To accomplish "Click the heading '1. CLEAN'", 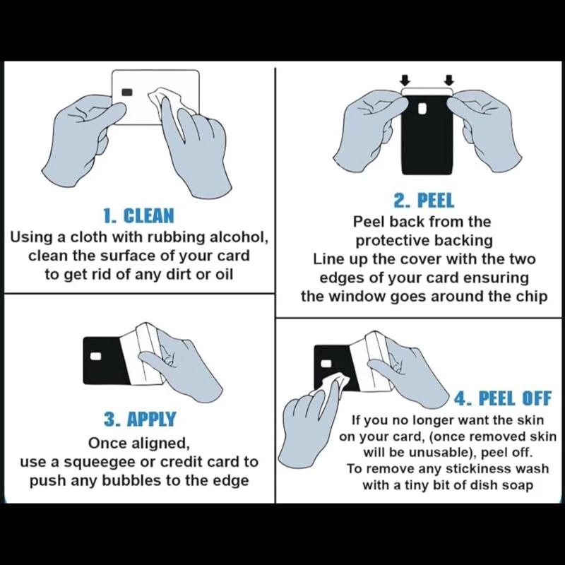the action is [138, 216].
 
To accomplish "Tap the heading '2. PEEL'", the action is [424, 201].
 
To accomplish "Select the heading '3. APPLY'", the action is [140, 419].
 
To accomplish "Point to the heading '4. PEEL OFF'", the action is [502, 398].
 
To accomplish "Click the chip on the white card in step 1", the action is [127, 93].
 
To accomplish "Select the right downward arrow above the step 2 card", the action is [449, 80].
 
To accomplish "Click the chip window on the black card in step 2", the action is [422, 108].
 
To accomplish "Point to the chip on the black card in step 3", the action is [95, 357].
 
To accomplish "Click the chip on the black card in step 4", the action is [326, 363].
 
